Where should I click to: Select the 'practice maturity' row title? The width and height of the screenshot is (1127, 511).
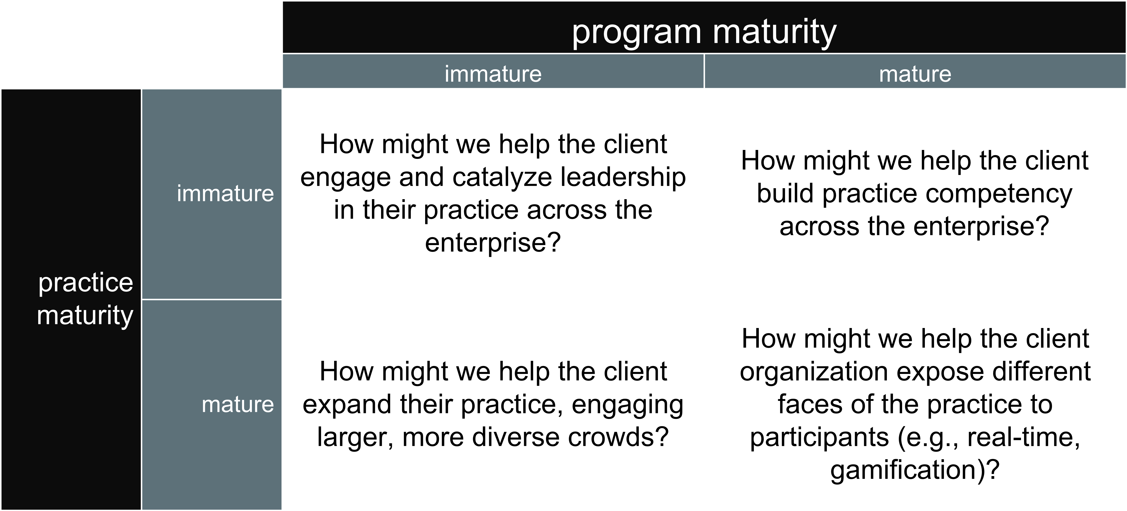tap(85, 299)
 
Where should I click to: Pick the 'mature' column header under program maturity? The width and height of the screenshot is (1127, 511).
tap(915, 74)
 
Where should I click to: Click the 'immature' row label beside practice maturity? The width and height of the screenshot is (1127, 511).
tap(225, 193)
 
